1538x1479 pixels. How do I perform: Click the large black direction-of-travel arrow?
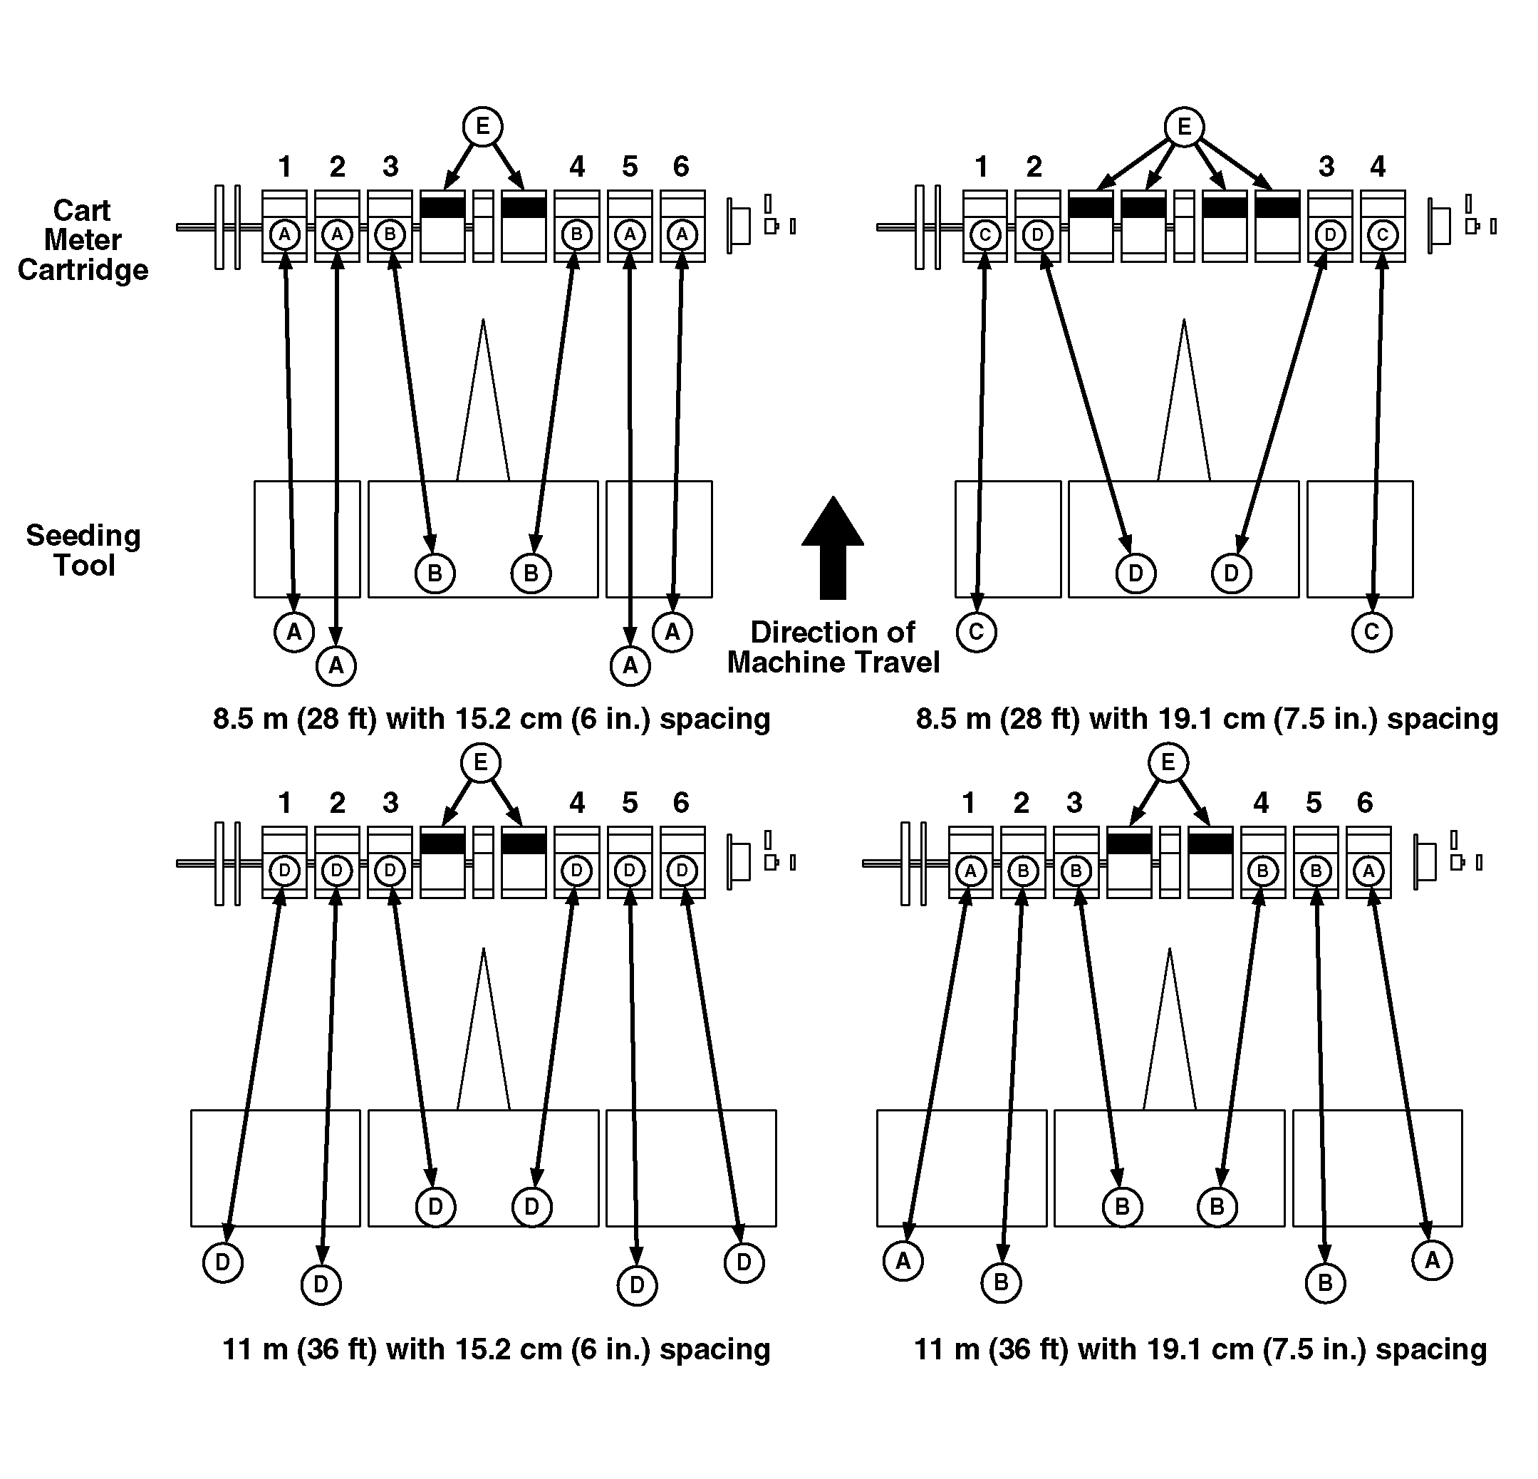(x=833, y=549)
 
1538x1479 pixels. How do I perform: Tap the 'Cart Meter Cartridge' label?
(x=83, y=240)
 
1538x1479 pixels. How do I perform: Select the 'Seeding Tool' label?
(x=83, y=550)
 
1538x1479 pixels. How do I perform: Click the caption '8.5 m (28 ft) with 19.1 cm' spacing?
(x=1207, y=719)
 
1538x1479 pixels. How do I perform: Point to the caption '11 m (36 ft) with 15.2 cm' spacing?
(x=496, y=1349)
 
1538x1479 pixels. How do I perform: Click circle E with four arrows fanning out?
(x=1184, y=127)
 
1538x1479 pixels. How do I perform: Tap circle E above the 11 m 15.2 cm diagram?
(x=481, y=762)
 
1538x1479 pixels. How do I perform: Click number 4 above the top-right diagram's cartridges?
(x=1378, y=166)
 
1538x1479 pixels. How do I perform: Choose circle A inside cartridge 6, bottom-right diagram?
(x=1368, y=871)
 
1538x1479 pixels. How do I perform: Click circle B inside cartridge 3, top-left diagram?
(x=390, y=234)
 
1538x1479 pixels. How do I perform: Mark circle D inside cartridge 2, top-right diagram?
(x=1037, y=234)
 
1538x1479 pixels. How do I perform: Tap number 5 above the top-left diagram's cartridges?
(x=629, y=166)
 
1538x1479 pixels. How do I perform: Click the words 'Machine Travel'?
(x=833, y=663)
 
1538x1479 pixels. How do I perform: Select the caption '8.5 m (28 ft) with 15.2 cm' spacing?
(x=492, y=719)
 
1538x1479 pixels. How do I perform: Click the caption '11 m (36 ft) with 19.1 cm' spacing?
(x=1200, y=1349)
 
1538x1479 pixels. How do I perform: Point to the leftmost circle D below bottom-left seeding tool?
(x=223, y=1262)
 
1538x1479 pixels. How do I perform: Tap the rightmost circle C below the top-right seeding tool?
(x=1371, y=632)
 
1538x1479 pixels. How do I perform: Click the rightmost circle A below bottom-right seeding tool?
(x=1432, y=1261)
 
